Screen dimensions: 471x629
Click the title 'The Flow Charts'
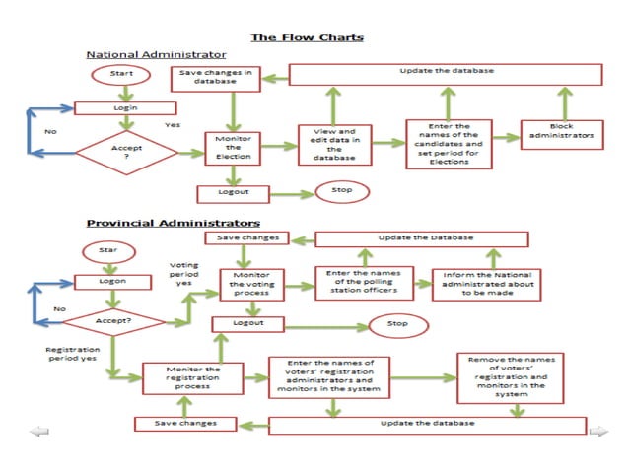click(307, 37)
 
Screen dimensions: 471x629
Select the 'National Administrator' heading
click(156, 54)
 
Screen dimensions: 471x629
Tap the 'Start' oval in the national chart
click(120, 75)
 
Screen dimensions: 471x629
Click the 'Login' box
click(124, 107)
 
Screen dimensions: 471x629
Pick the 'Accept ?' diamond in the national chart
click(125, 153)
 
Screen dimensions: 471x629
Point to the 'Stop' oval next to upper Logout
click(342, 191)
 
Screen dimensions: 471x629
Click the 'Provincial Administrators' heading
click(174, 223)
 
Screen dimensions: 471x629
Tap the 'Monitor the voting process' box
click(251, 286)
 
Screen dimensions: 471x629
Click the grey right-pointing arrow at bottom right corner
click(598, 431)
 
